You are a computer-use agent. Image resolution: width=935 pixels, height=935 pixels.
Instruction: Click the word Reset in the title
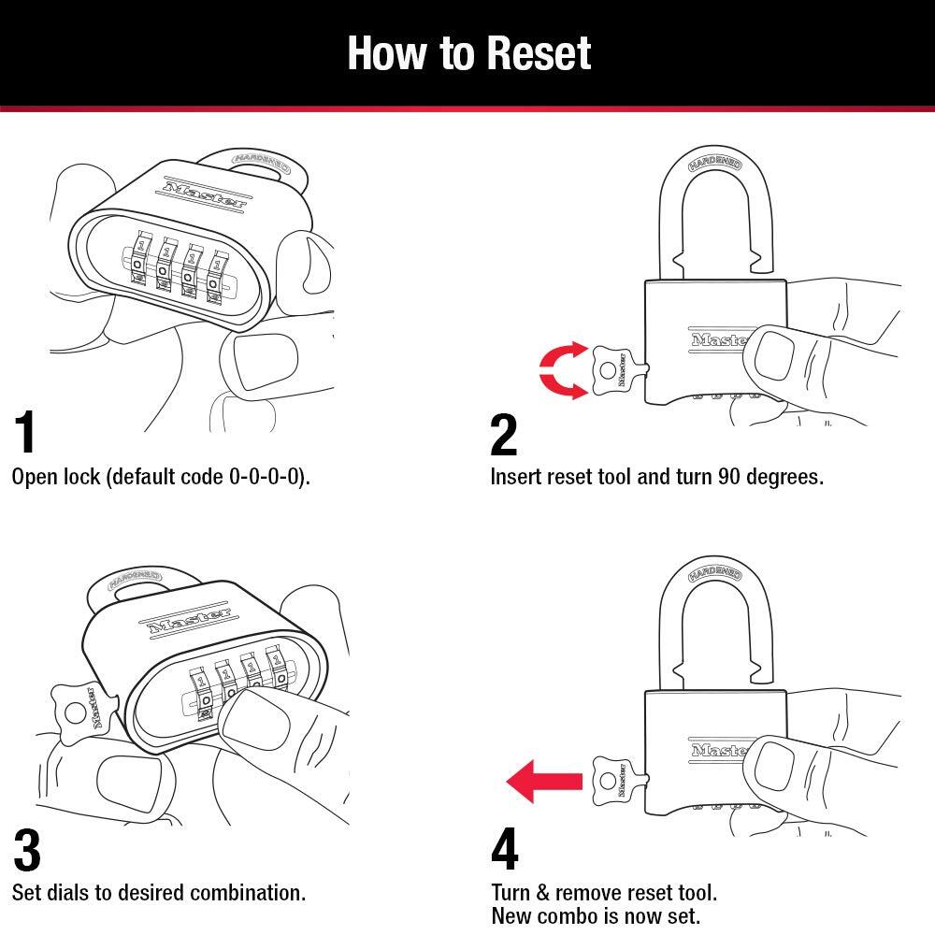click(x=531, y=53)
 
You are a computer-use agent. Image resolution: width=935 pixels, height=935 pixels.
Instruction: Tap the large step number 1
click(x=26, y=432)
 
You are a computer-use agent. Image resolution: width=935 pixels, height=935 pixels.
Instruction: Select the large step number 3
click(x=27, y=849)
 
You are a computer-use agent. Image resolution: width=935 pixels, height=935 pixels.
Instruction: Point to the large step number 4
click(x=504, y=849)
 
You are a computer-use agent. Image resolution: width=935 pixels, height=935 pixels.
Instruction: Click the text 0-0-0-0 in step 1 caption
click(x=266, y=477)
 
